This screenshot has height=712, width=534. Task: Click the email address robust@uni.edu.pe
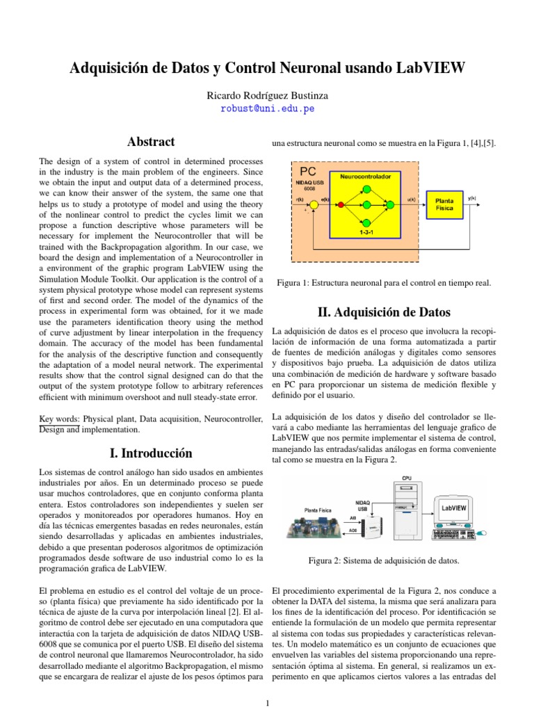click(267, 109)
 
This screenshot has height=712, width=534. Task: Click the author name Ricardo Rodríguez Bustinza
click(267, 95)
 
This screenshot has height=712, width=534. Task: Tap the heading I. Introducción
click(150, 453)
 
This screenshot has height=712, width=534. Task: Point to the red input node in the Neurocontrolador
click(341, 204)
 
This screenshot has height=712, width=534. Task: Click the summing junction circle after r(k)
click(314, 204)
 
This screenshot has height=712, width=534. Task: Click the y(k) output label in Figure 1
click(472, 198)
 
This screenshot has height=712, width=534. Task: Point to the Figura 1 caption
click(384, 283)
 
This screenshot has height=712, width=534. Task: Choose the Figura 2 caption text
click(384, 560)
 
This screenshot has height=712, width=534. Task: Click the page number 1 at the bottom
click(267, 704)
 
